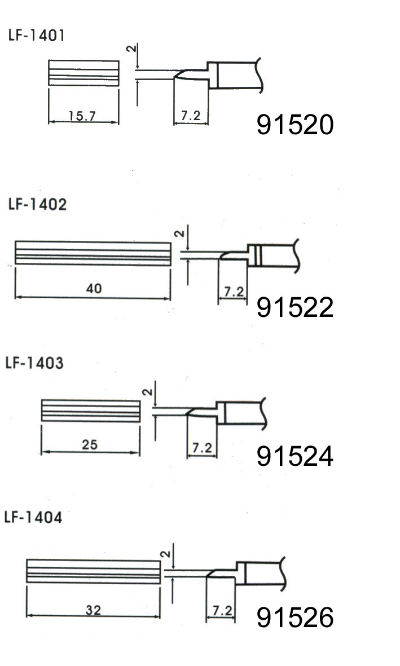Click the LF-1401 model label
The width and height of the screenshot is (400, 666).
click(x=36, y=35)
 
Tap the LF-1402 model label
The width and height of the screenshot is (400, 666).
click(x=37, y=204)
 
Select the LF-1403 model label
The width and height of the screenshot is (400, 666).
click(x=34, y=363)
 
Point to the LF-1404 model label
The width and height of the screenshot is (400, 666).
click(x=33, y=517)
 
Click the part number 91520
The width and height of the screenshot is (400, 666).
click(x=295, y=125)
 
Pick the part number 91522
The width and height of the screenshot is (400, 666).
click(x=295, y=307)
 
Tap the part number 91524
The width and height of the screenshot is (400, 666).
click(x=295, y=456)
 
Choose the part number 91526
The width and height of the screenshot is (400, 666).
click(x=295, y=617)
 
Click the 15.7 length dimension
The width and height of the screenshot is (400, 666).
click(x=82, y=116)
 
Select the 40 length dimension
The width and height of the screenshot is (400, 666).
click(x=94, y=289)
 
